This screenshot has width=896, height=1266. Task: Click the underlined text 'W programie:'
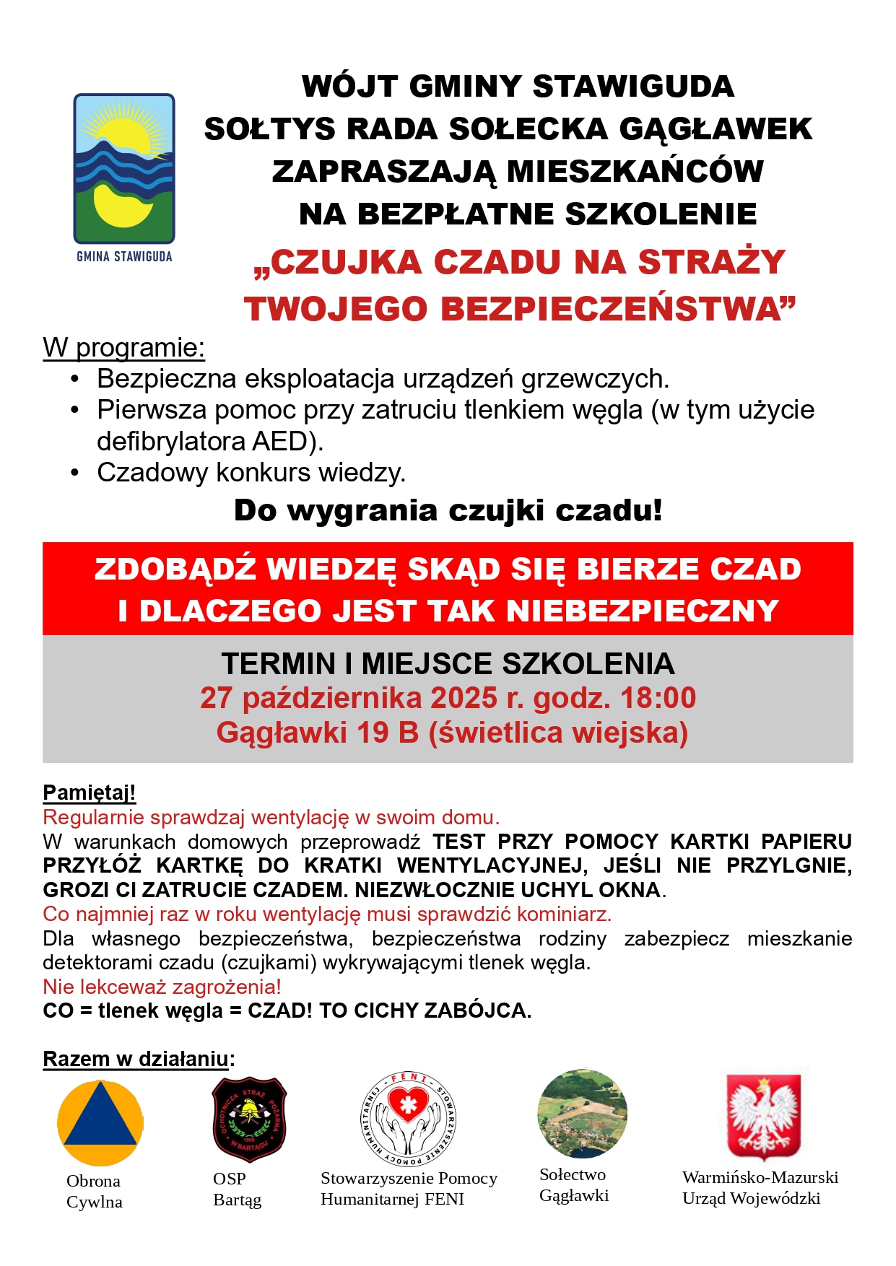click(123, 348)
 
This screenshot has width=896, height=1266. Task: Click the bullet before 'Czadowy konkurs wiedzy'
click(74, 473)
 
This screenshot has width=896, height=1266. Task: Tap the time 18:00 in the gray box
click(657, 698)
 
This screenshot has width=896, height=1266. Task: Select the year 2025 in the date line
click(464, 698)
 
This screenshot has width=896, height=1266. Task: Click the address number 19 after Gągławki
click(372, 733)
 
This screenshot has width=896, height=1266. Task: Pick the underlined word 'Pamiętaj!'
click(90, 793)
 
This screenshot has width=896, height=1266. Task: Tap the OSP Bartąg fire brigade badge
click(249, 1119)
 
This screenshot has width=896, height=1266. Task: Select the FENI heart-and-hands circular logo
click(409, 1119)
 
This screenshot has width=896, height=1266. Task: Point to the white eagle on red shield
click(763, 1115)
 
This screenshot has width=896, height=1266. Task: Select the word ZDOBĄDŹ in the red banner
click(175, 569)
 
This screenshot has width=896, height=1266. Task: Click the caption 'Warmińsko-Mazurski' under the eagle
click(760, 1177)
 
